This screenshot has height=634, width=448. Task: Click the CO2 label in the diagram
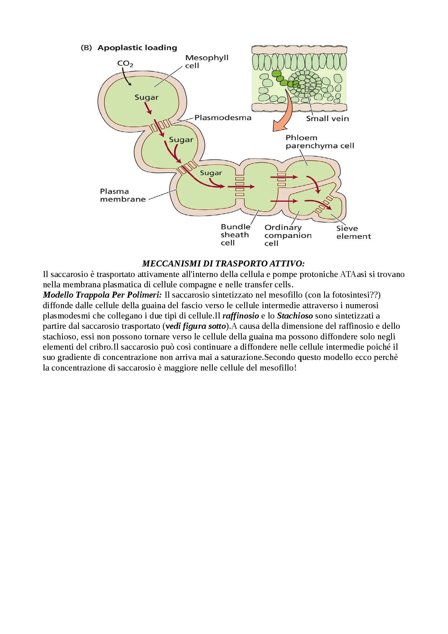(x=125, y=64)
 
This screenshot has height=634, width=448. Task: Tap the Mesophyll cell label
(x=207, y=62)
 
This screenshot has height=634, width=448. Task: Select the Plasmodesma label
(x=223, y=118)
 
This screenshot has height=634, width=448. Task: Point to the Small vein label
(x=327, y=119)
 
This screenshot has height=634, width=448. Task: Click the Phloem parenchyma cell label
(x=319, y=142)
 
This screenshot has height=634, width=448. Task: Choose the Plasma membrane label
(x=123, y=195)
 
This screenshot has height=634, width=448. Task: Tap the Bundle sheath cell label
(x=235, y=235)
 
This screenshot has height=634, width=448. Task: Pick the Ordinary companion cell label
(x=288, y=235)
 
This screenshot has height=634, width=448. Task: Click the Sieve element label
(x=353, y=232)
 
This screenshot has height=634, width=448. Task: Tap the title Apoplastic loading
(x=137, y=48)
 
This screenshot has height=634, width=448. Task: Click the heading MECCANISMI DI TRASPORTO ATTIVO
(x=223, y=264)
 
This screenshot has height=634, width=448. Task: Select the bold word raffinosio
(x=240, y=316)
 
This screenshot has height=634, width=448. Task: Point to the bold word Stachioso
(x=295, y=316)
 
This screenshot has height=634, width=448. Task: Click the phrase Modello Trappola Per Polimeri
(x=102, y=295)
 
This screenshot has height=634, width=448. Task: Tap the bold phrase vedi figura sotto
(x=195, y=326)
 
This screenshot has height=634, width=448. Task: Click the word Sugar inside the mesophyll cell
(x=147, y=98)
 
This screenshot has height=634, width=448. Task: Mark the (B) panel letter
(x=86, y=48)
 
